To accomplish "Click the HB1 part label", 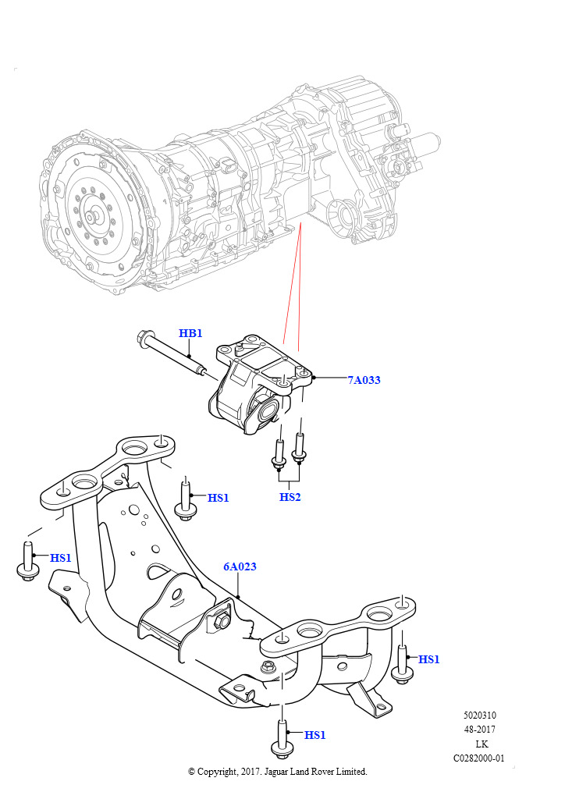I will click(x=190, y=334).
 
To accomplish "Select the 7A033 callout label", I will click(x=364, y=381).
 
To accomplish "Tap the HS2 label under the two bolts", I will click(x=290, y=497).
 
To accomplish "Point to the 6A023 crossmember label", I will click(x=240, y=567).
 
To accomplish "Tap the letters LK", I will click(x=481, y=744).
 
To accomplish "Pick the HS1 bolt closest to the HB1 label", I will click(x=186, y=499).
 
